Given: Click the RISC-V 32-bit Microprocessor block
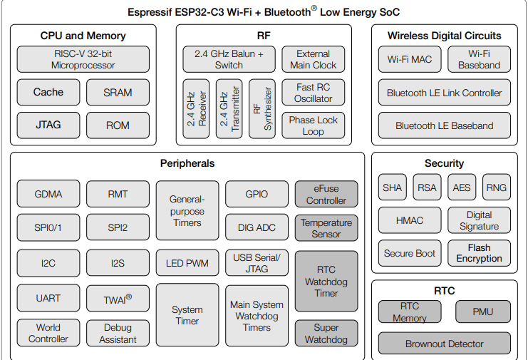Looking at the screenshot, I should (83, 59).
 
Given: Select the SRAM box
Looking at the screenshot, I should (118, 92).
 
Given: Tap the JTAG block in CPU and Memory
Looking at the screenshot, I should (48, 125).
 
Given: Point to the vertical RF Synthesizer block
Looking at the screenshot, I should (262, 108).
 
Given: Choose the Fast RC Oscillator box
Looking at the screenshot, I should (314, 93).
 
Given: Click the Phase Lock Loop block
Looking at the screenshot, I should (314, 125).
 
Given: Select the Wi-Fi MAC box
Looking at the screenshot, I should (410, 59).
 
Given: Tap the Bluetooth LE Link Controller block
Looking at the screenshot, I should (444, 93).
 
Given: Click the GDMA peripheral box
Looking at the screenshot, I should (48, 194).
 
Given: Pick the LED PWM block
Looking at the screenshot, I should (187, 263).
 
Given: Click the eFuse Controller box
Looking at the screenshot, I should (326, 194).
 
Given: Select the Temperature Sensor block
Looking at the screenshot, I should (326, 228).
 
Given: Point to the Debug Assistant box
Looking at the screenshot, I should (118, 333).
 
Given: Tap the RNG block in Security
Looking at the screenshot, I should (496, 187).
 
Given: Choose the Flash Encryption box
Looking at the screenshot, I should (479, 252).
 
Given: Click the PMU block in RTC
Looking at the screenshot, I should (483, 312).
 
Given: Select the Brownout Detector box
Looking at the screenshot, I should (444, 344).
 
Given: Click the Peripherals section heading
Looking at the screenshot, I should (187, 163).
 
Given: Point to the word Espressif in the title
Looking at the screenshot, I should (152, 12).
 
